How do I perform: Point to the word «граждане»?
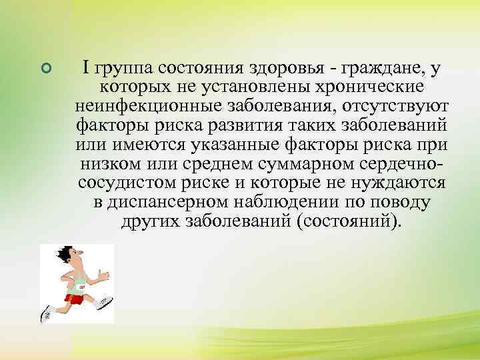pos(387,67)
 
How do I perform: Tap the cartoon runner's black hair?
pos(65,254)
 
